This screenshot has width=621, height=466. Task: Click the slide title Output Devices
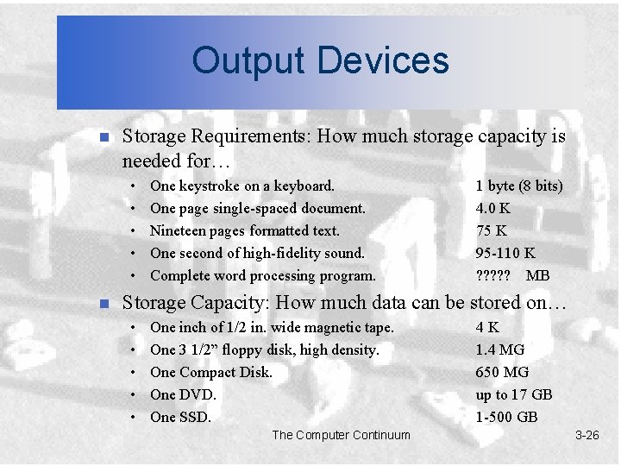click(320, 60)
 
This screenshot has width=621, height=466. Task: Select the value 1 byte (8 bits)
click(519, 186)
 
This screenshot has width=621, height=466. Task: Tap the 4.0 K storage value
click(492, 208)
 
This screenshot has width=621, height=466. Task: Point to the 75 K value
click(491, 230)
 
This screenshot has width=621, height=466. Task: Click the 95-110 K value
click(505, 253)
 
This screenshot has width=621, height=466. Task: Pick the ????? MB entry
click(512, 275)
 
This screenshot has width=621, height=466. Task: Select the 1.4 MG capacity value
click(499, 349)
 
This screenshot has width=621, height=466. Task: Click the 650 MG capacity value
click(502, 372)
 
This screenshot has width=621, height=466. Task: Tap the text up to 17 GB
click(513, 394)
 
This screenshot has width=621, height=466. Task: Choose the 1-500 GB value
click(506, 417)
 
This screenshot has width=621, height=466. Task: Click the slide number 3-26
click(586, 435)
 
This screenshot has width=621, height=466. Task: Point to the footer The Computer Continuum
click(341, 435)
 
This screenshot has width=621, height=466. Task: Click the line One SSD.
click(180, 417)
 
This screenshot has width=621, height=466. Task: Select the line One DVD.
click(183, 394)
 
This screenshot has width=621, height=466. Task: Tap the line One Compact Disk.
click(210, 372)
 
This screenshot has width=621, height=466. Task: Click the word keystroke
click(210, 186)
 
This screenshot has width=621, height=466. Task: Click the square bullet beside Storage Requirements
click(103, 137)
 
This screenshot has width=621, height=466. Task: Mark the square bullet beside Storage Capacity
click(103, 303)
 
